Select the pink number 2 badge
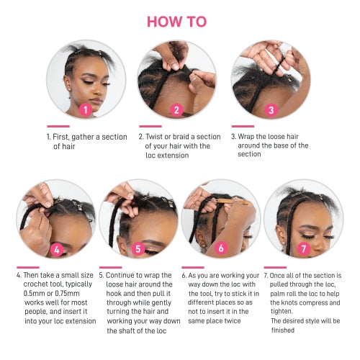click(x=177, y=110)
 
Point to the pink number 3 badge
click(x=271, y=110)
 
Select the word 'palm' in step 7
click(x=275, y=294)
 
